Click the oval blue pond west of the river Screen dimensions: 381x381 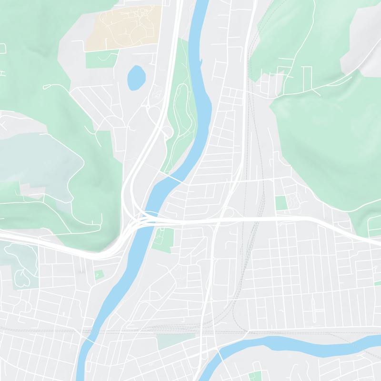[136, 77]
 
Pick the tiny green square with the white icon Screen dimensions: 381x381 [99, 275]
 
